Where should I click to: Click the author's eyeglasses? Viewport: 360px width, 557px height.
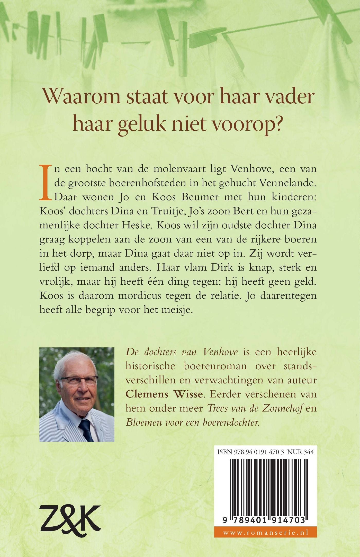coord(78,380)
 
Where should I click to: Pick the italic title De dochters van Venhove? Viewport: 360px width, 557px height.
coord(182,352)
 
